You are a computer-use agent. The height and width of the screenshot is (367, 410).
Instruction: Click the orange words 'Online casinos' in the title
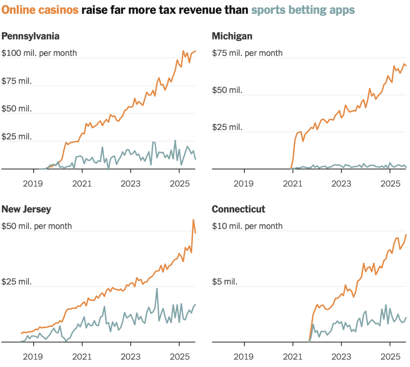point(40,10)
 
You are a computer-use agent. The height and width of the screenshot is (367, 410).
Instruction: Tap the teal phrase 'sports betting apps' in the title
point(303,10)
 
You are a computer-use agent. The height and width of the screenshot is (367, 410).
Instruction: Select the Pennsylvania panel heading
point(30,36)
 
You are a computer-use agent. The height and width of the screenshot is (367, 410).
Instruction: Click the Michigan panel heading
point(232,36)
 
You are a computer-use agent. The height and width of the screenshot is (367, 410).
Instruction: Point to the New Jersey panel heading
point(26,209)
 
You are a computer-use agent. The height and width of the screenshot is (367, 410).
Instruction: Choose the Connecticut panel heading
point(238,209)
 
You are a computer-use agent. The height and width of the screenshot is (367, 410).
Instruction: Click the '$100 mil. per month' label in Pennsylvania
point(39,53)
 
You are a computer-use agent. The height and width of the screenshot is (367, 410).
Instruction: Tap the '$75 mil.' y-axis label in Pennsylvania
point(17,81)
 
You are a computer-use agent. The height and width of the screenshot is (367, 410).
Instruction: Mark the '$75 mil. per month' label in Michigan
point(247,53)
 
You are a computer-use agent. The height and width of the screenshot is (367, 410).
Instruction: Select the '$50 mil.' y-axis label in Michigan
point(227,90)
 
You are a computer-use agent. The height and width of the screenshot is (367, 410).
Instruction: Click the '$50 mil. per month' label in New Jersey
point(37,226)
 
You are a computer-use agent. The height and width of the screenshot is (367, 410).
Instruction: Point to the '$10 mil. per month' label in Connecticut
point(247,226)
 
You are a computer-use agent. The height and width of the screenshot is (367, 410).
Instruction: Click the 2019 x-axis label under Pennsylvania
point(33,183)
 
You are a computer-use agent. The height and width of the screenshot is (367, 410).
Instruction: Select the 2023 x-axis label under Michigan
point(341,183)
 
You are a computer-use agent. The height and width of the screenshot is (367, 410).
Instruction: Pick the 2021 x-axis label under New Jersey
point(82,357)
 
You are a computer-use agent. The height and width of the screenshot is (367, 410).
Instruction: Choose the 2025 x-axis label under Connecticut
point(390,357)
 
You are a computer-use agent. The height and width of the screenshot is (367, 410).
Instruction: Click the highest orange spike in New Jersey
point(193,220)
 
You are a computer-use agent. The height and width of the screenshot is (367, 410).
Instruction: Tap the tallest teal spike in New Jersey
point(157,289)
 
